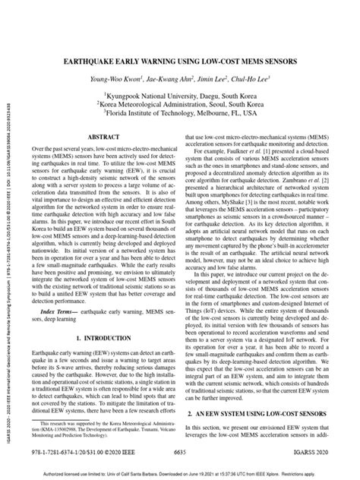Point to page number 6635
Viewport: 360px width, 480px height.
point(180,452)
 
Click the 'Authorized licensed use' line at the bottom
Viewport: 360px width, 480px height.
point(180,471)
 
